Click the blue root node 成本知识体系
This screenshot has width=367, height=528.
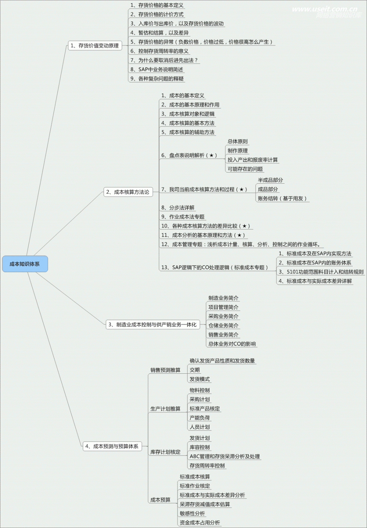click(x=25, y=264)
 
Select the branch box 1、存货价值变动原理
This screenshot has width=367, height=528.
click(x=95, y=45)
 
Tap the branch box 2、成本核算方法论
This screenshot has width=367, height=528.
click(x=128, y=192)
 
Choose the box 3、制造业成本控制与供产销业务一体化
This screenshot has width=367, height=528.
click(x=153, y=324)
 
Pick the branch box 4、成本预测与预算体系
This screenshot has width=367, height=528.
click(x=112, y=446)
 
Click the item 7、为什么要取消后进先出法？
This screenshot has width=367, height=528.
click(x=164, y=60)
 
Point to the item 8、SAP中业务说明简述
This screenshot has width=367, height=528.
click(x=157, y=69)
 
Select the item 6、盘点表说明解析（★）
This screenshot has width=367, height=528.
click(x=189, y=155)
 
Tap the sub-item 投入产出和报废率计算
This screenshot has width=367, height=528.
click(x=252, y=160)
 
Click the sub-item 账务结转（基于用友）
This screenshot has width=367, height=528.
click(x=282, y=198)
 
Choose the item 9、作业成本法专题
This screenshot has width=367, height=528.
click(x=183, y=217)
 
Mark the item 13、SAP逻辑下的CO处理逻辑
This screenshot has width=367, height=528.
click(x=214, y=267)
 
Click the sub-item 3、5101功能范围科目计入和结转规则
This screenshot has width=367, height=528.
click(x=321, y=272)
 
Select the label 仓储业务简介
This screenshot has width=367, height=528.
click(x=223, y=325)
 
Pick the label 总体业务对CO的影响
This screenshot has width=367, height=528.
click(x=232, y=344)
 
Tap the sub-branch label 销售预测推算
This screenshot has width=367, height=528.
click(x=165, y=370)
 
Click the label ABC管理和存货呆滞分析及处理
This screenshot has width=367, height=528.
click(x=225, y=456)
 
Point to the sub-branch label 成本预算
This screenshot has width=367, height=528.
click(x=160, y=500)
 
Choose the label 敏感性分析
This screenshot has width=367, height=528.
click(x=192, y=513)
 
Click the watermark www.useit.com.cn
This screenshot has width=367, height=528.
click(x=324, y=9)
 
